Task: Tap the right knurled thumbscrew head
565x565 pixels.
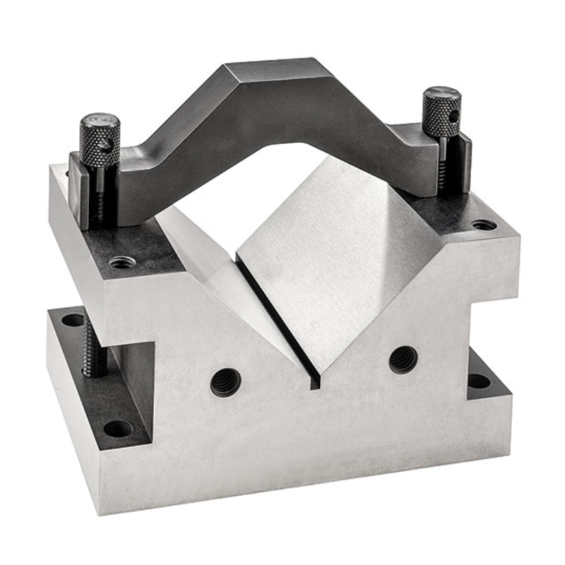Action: pos(441,113)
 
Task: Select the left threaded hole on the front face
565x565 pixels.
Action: pos(225,382)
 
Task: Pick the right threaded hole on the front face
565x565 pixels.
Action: pos(403,359)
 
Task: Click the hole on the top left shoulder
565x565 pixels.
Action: pos(122,262)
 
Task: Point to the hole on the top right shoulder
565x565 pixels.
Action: pos(484,225)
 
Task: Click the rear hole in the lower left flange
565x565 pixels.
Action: pos(73,320)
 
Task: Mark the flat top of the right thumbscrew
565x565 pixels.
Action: pos(441,92)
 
